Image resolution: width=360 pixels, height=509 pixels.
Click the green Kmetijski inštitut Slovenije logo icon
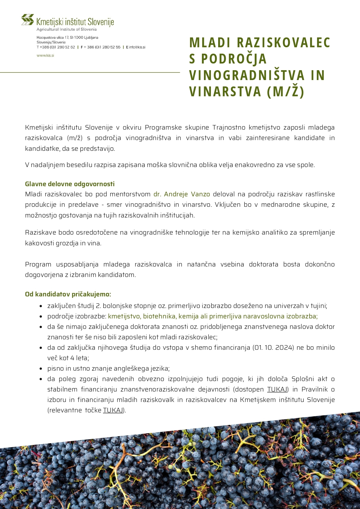(28, 19)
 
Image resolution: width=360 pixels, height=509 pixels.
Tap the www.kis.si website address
(45, 55)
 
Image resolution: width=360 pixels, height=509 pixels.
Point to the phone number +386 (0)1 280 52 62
(57, 47)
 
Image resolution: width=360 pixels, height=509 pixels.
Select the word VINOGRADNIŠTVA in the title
(247, 75)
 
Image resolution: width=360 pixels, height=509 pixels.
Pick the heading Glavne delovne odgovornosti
(70, 184)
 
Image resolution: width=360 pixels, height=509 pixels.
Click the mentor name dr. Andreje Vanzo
(182, 194)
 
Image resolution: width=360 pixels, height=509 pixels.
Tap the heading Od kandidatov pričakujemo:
(68, 294)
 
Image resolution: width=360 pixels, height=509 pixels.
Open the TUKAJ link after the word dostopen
(277, 389)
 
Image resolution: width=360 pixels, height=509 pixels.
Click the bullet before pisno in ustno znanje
(41, 369)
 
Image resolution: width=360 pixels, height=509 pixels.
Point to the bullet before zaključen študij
(41, 306)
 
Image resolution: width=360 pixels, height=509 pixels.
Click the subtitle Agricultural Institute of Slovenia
(66, 29)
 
